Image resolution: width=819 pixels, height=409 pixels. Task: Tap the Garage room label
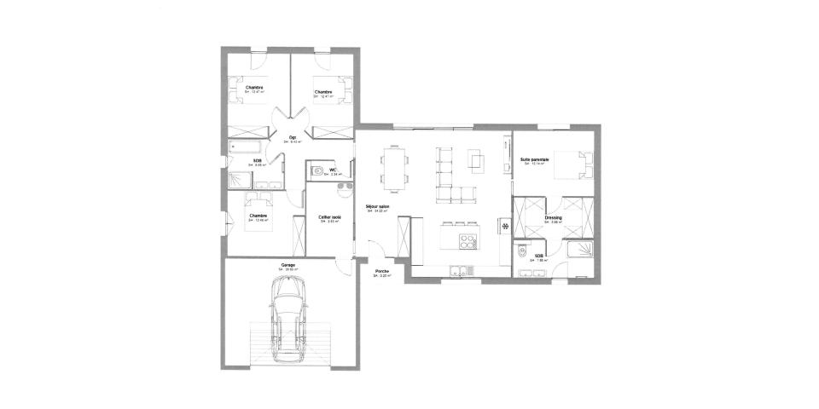pos(288,265)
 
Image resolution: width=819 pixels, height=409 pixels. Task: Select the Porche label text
pos(382,273)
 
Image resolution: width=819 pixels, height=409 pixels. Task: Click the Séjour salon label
pos(377,207)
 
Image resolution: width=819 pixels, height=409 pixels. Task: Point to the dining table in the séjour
pos(393,169)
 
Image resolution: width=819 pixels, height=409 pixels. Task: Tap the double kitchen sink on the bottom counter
pos(459,272)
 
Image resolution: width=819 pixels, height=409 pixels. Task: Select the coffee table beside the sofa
pos(476,160)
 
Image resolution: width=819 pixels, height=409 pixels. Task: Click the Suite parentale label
pos(534,159)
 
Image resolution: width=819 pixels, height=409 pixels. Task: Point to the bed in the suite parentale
pos(573,165)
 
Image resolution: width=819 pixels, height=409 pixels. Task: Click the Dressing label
pos(552,217)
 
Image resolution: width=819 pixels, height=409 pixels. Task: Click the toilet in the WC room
pos(317,171)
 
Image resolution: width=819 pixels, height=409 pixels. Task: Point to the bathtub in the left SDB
pos(247,150)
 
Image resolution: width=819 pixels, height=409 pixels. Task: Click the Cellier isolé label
pos(329,217)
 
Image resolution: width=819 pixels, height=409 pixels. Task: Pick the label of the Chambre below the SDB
pos(258,216)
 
